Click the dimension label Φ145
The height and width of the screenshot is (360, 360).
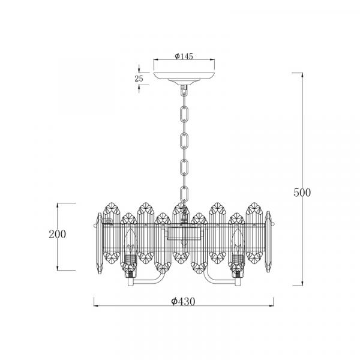(x=184, y=56)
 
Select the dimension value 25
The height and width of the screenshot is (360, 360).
(x=139, y=79)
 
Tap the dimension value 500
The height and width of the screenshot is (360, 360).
(x=302, y=193)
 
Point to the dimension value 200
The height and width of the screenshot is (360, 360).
(x=58, y=234)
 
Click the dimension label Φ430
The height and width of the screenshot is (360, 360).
(x=183, y=301)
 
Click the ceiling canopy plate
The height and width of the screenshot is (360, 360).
(x=184, y=77)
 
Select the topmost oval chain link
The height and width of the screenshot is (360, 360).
(x=184, y=113)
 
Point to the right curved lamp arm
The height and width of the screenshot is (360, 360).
(x=218, y=281)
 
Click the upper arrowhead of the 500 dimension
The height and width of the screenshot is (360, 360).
(x=302, y=75)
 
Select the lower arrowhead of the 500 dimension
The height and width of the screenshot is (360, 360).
(x=302, y=283)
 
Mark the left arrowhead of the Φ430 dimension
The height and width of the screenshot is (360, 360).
(x=97, y=306)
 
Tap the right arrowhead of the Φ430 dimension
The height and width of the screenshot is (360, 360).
(x=271, y=306)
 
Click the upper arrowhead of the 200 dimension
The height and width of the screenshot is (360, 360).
(x=58, y=205)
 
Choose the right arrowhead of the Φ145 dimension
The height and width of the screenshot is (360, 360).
(x=212, y=59)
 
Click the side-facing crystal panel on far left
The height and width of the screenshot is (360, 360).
(x=100, y=243)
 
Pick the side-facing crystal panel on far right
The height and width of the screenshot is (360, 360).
(x=268, y=242)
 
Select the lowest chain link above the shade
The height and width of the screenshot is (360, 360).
(x=184, y=194)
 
